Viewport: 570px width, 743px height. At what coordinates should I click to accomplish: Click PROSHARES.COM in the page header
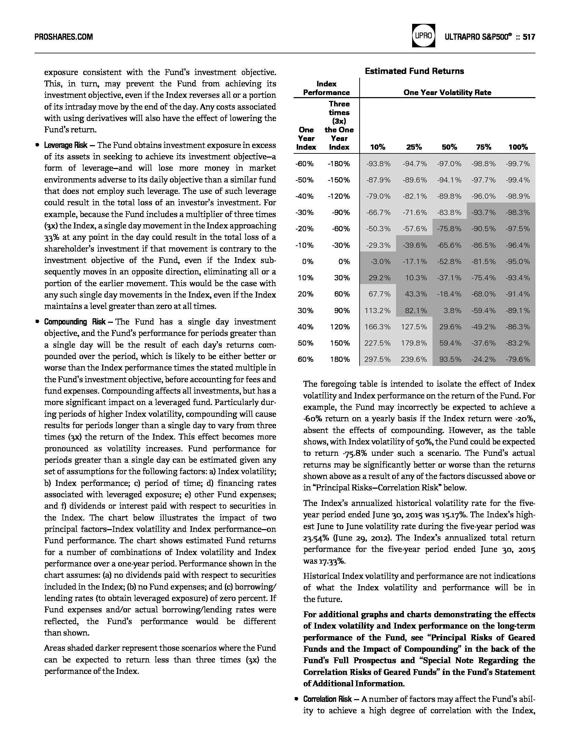tap(64, 37)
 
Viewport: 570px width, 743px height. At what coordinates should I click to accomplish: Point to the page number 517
tap(529, 37)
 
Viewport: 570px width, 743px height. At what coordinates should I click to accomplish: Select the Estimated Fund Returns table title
tap(414, 71)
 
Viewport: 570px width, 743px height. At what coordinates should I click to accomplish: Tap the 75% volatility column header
tap(483, 147)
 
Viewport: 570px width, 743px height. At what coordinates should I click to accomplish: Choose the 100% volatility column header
tap(518, 147)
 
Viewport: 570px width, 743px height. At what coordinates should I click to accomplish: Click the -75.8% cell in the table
tap(449, 229)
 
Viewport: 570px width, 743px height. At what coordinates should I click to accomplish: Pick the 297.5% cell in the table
tap(378, 359)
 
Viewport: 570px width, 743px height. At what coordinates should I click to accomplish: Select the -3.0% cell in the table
tap(380, 262)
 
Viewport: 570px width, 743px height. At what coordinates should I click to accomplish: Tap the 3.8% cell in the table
tap(452, 311)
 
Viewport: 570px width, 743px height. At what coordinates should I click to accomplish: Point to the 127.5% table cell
tap(414, 327)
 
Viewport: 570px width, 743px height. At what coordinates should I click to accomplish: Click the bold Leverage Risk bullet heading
tap(66, 145)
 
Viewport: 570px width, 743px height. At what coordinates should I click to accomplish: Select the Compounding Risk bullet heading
tap(75, 322)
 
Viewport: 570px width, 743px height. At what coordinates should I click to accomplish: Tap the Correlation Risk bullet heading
tap(327, 699)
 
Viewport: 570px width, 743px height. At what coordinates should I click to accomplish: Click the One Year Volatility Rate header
tap(447, 93)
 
